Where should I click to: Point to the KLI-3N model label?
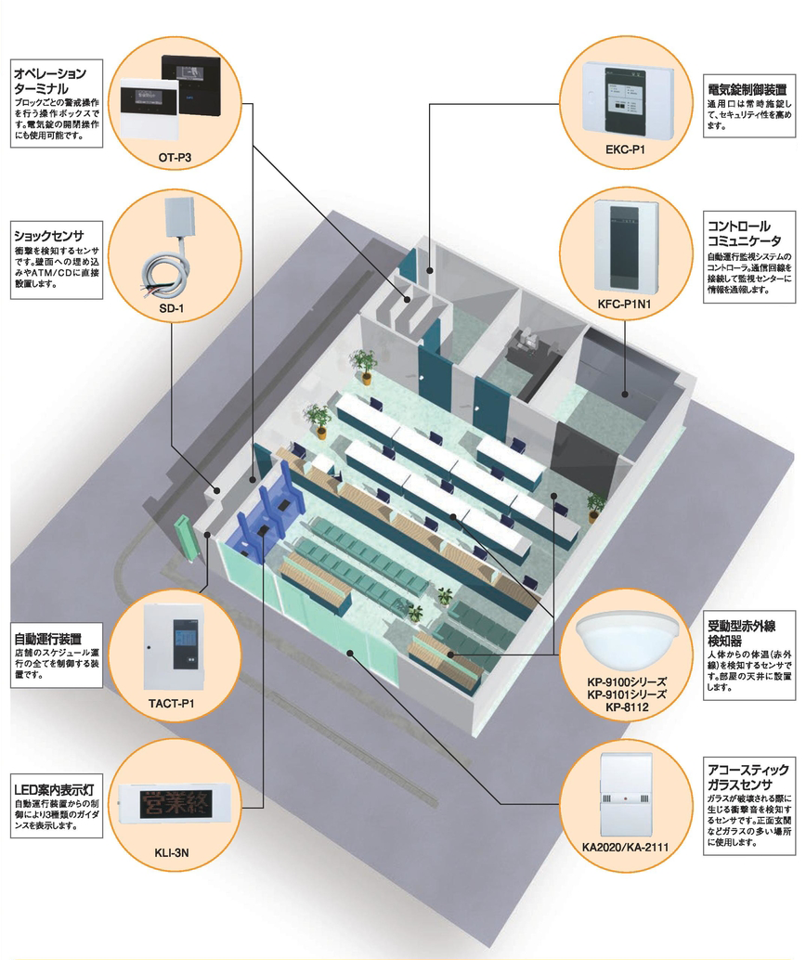(x=169, y=848)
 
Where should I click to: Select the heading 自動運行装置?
(x=47, y=639)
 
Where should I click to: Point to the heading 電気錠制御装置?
(x=747, y=89)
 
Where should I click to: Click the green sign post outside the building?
(x=188, y=537)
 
